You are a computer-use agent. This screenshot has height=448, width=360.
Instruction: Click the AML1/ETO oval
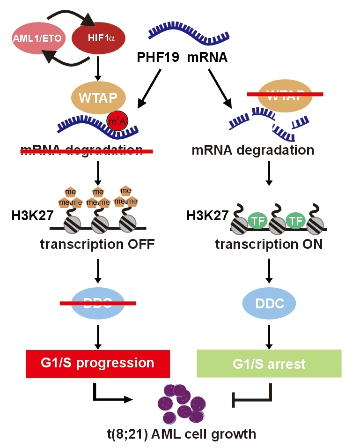(x=38, y=38)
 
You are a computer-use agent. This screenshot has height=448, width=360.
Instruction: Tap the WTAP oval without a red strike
(x=98, y=98)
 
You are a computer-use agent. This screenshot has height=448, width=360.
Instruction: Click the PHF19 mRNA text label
(x=182, y=57)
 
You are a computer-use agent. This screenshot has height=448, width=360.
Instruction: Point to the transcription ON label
(x=269, y=244)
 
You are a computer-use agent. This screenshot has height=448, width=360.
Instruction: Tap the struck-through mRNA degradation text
(x=81, y=150)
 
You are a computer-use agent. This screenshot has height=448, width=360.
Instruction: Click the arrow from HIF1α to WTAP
(x=98, y=71)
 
